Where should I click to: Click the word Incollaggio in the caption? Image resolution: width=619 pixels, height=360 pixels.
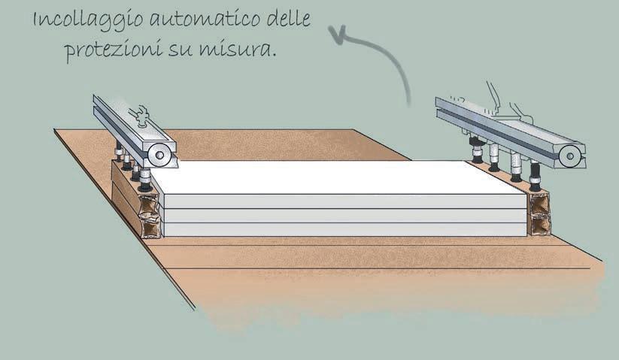(x=76, y=21)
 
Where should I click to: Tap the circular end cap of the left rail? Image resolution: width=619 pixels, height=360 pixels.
(x=158, y=155)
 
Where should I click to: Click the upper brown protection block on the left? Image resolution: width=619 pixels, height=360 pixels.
(x=150, y=204)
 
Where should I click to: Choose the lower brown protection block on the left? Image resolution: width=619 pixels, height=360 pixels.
(x=150, y=225)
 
